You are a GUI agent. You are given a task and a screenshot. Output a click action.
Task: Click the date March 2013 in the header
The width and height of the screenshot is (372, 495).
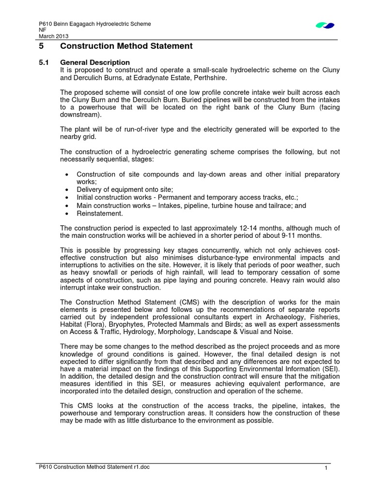pyautogui.click(x=53, y=36)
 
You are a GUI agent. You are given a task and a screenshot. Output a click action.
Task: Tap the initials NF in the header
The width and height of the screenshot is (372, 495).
pyautogui.click(x=42, y=30)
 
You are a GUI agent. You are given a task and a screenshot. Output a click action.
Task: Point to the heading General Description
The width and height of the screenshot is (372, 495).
pyautogui.click(x=95, y=62)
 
